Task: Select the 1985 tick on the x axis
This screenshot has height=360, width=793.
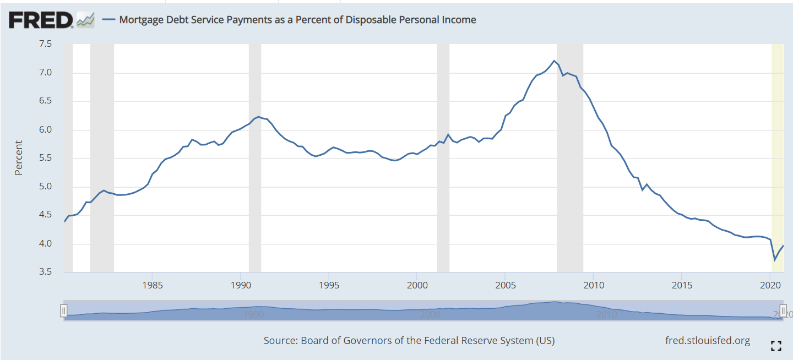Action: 153,286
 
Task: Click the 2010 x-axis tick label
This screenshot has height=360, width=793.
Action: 593,286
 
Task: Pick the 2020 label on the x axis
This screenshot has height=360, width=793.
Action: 769,286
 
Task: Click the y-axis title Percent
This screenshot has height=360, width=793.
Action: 19,158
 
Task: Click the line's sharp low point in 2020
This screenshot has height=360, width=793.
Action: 775,260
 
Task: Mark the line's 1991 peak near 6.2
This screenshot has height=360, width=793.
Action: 259,117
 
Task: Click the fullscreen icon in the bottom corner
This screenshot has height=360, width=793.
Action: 776,346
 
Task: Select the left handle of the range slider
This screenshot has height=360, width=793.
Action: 64,310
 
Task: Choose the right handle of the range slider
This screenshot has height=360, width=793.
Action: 783,310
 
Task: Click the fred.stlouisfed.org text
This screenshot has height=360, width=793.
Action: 708,340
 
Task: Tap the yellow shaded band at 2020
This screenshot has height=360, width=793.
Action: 778,165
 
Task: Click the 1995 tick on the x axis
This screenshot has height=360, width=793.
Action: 329,286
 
